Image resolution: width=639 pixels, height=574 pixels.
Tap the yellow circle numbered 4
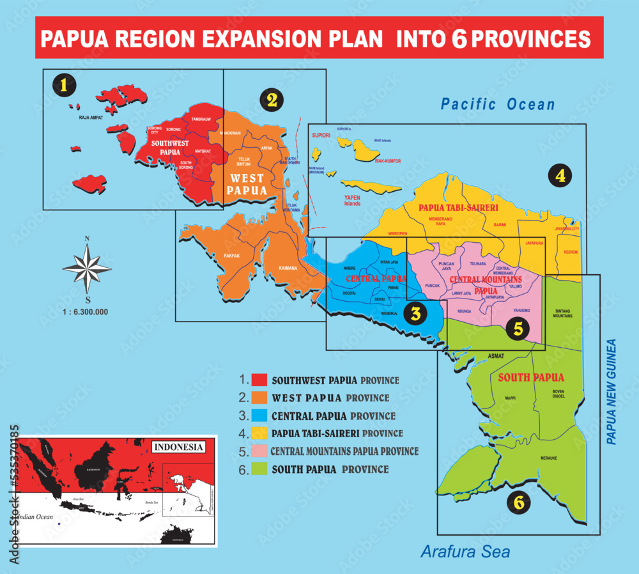coord(560,175)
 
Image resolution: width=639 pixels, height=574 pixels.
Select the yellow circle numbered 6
coord(519,502)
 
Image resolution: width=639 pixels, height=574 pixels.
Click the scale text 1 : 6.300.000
coord(86,312)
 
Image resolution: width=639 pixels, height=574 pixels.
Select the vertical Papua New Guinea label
coord(611,392)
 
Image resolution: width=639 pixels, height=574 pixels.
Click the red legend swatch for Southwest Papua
coord(259,380)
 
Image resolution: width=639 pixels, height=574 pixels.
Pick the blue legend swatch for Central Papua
coord(259,415)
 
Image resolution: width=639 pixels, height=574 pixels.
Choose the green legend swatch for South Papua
coord(259,469)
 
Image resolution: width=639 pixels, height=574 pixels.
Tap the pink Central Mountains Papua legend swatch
coord(259,451)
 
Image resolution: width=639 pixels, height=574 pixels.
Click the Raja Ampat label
coord(91,118)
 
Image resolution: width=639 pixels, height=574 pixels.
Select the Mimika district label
coord(389,314)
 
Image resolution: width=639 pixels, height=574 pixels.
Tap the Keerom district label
coord(571,252)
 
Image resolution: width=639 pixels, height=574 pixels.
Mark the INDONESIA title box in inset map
coord(178,446)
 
